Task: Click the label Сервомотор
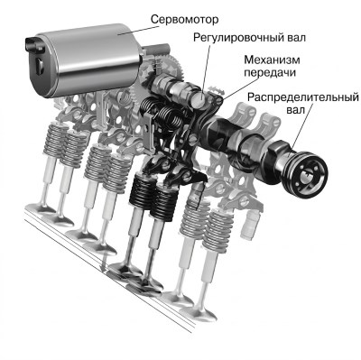[x=184, y=20]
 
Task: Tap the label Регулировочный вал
[x=249, y=38]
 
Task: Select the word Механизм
[x=272, y=60]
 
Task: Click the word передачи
[x=270, y=73]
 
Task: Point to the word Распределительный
[x=303, y=97]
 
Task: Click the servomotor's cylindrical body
[x=90, y=61]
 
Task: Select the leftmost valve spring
[x=56, y=141]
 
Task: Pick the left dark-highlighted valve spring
[x=143, y=190]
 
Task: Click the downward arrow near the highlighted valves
[x=104, y=263]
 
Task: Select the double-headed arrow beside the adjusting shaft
[x=218, y=89]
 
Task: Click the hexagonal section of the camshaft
[x=277, y=155]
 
